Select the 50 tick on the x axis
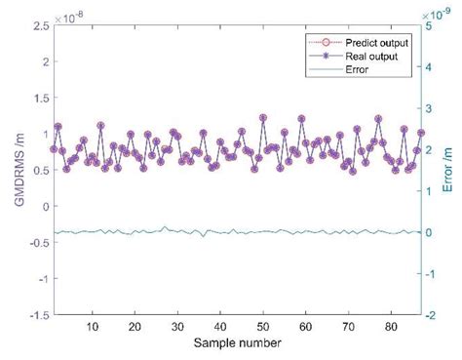pyautogui.click(x=263, y=327)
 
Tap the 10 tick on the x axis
pyautogui.click(x=94, y=327)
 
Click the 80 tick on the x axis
pyautogui.click(x=389, y=327)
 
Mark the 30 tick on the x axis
pyautogui.click(x=178, y=327)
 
